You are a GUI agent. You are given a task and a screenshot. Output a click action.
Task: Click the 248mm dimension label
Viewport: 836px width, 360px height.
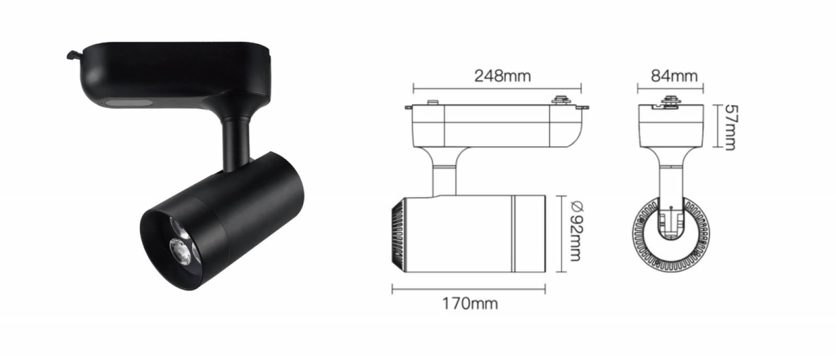(502, 76)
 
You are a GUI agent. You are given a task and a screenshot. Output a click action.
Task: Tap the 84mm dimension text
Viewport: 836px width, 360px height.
(674, 76)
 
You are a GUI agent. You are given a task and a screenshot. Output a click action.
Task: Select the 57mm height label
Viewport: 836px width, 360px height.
(731, 127)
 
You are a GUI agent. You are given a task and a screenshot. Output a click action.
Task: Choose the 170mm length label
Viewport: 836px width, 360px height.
(470, 304)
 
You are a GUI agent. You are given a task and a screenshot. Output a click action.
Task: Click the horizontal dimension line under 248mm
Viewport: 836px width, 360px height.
(497, 89)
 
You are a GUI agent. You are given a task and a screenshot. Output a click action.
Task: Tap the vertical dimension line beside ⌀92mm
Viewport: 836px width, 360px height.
(561, 234)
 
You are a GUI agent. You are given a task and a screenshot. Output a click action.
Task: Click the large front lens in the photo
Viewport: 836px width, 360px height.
(180, 251)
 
